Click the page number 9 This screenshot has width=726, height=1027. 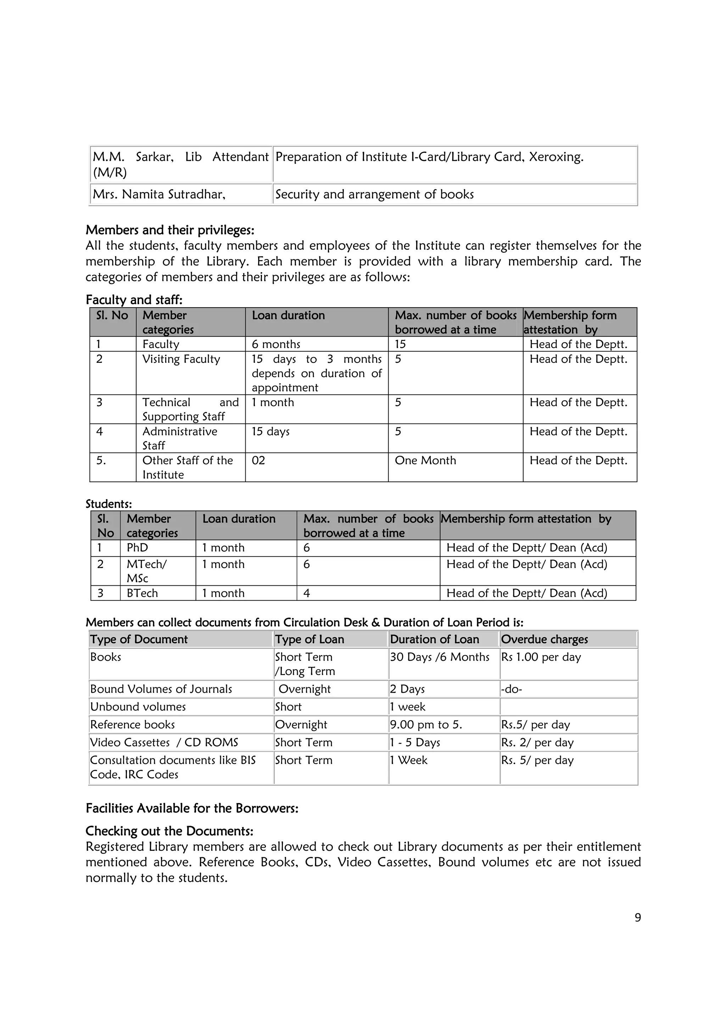(x=637, y=917)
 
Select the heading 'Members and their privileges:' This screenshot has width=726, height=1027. (x=170, y=230)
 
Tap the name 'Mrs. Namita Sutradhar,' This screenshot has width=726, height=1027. (x=159, y=194)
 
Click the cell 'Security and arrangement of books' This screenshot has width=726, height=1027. (x=374, y=194)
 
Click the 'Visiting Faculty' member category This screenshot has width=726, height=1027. (x=181, y=359)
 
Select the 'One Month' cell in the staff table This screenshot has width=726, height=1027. (x=425, y=460)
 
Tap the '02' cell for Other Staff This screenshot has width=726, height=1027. (x=258, y=460)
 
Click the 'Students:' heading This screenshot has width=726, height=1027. (x=109, y=504)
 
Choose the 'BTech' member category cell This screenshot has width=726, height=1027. (x=142, y=593)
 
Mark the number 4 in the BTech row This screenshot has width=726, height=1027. (x=307, y=593)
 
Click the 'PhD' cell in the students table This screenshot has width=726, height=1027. (x=137, y=548)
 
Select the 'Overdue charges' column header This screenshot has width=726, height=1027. (x=544, y=639)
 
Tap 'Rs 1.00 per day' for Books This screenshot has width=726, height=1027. (x=541, y=657)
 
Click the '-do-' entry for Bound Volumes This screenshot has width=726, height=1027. (x=511, y=689)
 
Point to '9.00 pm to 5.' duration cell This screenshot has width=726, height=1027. (x=426, y=725)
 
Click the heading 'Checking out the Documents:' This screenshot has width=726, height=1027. (x=169, y=831)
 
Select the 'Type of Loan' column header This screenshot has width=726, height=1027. (x=309, y=639)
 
